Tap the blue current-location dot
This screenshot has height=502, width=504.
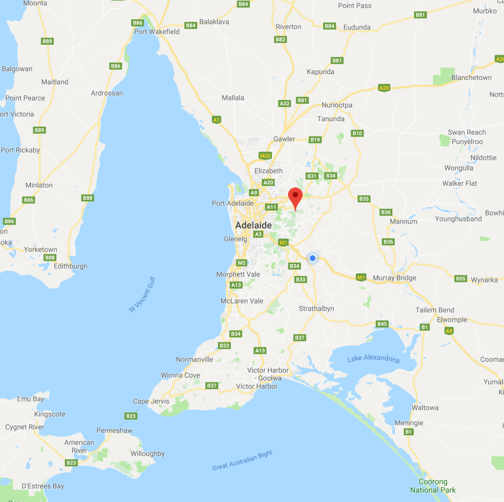coord(312,258)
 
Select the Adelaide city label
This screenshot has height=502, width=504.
coord(254,225)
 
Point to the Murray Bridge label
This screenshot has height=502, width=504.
coord(394,278)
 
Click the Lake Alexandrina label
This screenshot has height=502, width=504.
coord(373,359)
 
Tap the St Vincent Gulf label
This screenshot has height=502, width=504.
coord(142,295)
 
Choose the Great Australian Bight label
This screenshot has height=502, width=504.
coord(242,460)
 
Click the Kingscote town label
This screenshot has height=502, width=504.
coord(50,414)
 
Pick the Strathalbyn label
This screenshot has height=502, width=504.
coord(316,309)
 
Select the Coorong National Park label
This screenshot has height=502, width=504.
coord(433,486)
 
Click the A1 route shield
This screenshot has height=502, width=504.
coord(216,120)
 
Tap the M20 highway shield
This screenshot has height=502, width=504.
coord(265,156)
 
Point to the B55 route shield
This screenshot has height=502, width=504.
coord(461,279)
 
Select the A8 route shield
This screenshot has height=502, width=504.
coord(449,331)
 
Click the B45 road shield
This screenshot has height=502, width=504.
coord(382,324)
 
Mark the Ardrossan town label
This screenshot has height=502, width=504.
coord(107,93)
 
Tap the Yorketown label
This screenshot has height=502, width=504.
coord(40,250)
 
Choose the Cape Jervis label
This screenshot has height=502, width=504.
coord(151,401)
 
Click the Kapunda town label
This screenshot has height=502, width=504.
coord(320,72)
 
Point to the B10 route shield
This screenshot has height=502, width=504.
coord(357,133)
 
